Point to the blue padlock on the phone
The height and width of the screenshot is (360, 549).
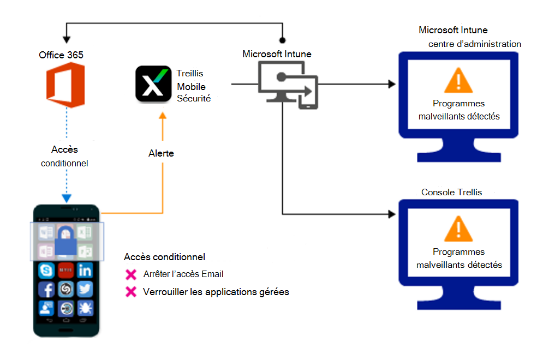[x=65, y=240]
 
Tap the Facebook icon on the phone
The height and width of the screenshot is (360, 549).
[x=46, y=289]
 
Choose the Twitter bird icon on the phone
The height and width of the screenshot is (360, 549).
[x=85, y=289]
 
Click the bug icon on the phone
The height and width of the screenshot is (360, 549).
[x=85, y=309]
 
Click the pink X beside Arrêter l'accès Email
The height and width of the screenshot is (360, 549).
[x=130, y=274]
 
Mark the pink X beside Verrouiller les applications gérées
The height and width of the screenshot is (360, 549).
[x=130, y=292]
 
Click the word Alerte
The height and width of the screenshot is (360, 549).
[x=161, y=153]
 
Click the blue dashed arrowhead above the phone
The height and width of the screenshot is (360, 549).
[x=67, y=198]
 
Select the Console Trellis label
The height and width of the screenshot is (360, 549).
[x=452, y=192]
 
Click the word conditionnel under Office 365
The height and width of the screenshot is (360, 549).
[x=65, y=163]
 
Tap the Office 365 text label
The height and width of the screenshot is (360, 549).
[x=61, y=55]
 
